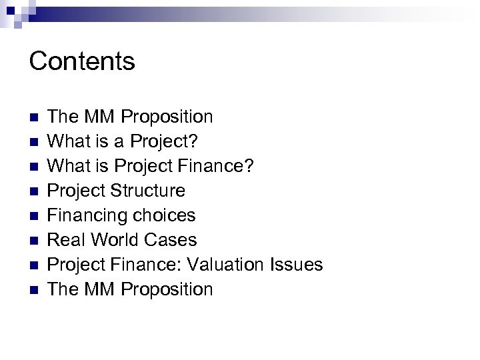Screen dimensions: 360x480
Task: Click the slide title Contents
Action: (x=82, y=61)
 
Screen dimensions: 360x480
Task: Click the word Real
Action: (x=67, y=240)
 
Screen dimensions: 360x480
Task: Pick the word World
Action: (x=113, y=240)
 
